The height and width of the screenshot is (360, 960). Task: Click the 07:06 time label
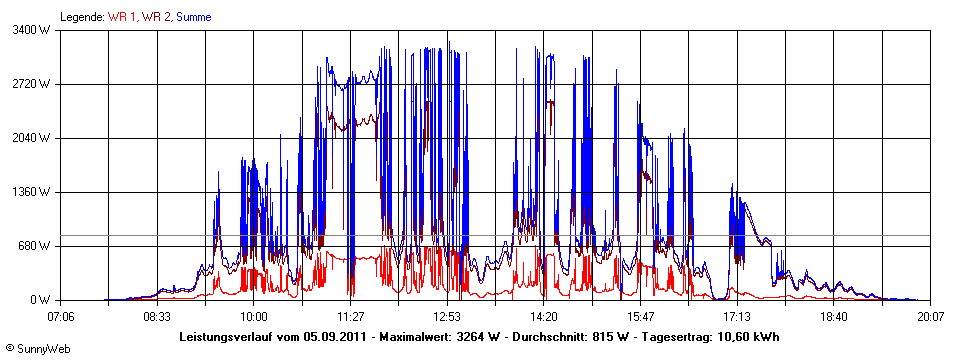(x=62, y=316)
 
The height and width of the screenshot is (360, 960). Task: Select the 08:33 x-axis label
(x=157, y=316)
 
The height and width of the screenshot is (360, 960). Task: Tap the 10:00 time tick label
(x=254, y=316)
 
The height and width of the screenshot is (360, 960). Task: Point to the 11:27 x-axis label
(x=351, y=316)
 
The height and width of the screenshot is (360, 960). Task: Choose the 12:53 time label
(x=447, y=316)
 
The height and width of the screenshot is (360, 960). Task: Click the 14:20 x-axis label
(x=544, y=316)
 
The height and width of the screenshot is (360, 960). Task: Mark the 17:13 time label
(x=737, y=316)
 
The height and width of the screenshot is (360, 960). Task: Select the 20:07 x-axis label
(x=930, y=316)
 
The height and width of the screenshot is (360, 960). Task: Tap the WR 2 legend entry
(x=155, y=17)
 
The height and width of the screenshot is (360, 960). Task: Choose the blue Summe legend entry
(x=194, y=17)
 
